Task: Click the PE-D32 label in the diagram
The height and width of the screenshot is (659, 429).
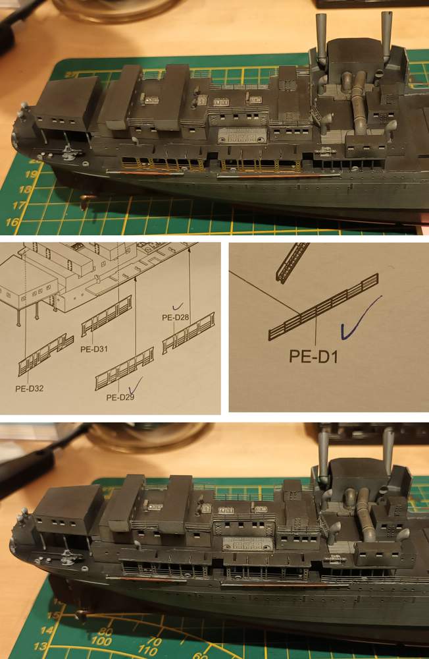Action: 29,389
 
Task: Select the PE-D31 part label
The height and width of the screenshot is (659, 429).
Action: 94,349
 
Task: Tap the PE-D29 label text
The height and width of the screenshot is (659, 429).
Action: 120,397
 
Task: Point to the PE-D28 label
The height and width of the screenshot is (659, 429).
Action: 176,318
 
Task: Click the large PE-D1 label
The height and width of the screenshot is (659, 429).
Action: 313,356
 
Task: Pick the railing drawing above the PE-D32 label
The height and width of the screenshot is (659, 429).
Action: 46,355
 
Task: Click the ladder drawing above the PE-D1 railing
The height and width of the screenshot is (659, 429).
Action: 292,262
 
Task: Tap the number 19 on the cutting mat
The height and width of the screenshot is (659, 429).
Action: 30,175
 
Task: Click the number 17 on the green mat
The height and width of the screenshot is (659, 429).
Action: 17,206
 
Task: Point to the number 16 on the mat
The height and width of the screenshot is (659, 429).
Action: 12,221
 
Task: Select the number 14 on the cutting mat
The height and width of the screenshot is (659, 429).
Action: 47,630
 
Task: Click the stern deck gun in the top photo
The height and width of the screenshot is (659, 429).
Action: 69,153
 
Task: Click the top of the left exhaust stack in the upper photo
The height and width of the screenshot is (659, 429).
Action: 321,16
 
